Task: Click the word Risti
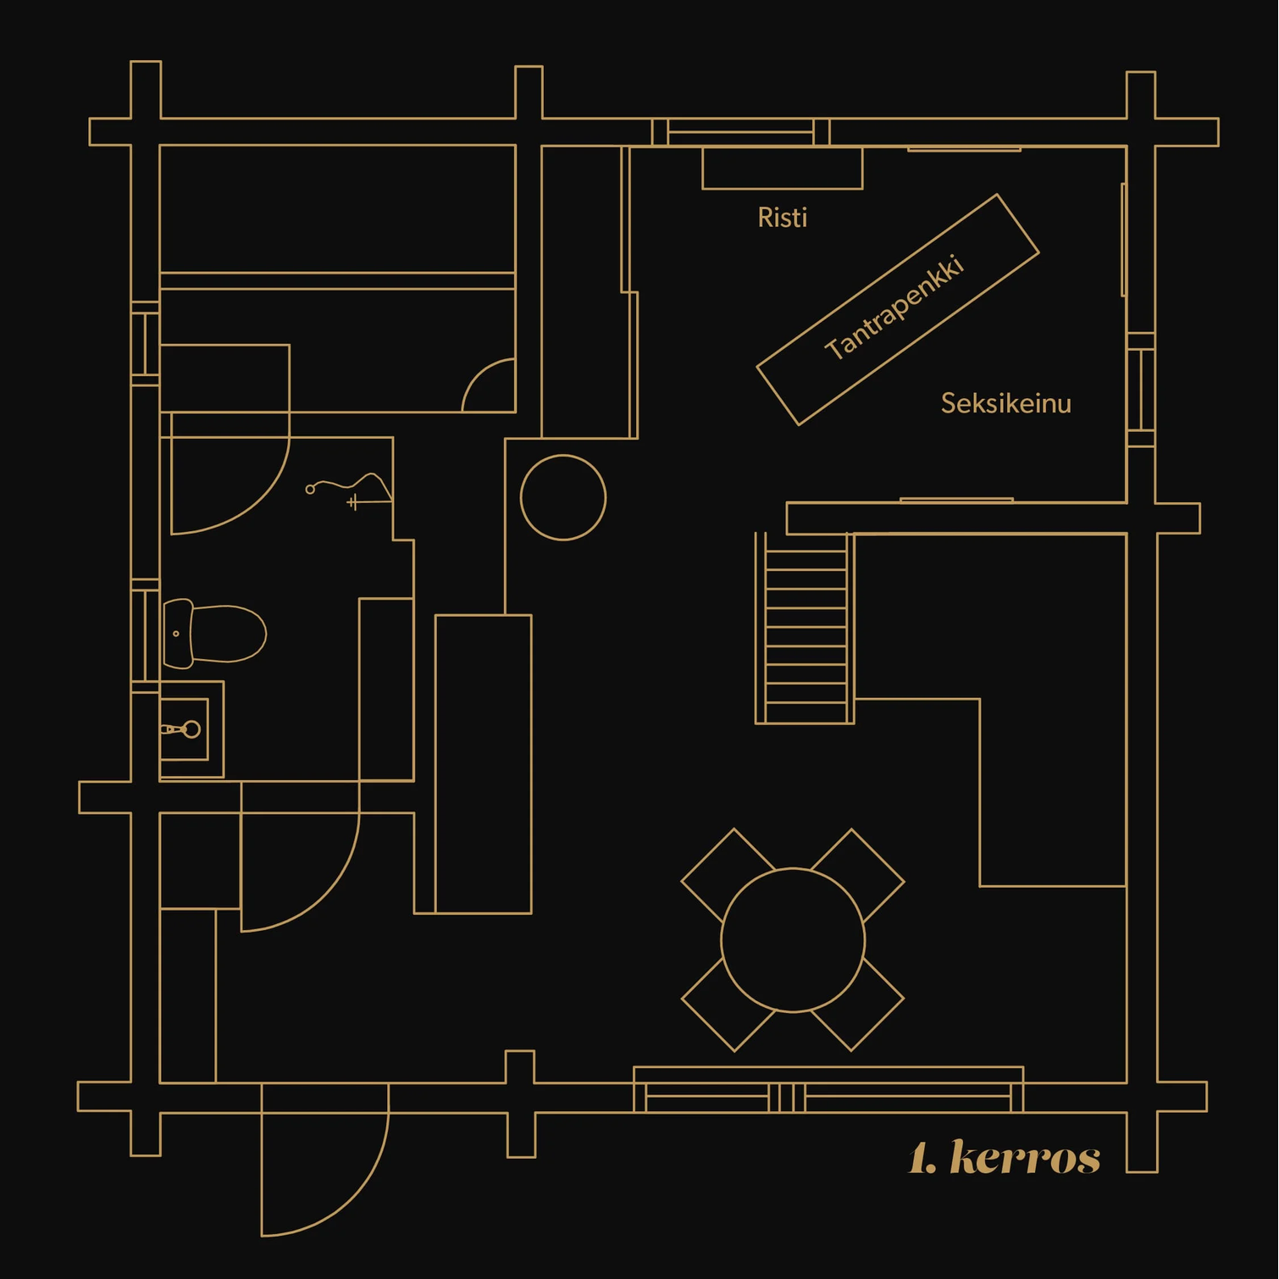coord(782,218)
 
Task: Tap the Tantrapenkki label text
coord(894,307)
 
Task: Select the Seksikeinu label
coord(1006,403)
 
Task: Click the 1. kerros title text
coord(1004,1157)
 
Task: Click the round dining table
coord(794,940)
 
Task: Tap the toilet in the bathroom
coord(214,634)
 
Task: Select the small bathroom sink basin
coord(184,729)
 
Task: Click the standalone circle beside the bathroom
coord(563,497)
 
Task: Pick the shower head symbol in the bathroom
coord(349,490)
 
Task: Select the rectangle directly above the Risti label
coord(783,168)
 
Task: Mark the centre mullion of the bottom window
coord(787,1098)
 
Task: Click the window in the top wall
coord(740,132)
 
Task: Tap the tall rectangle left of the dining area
coord(484,764)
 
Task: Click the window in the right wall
coord(1141,390)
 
